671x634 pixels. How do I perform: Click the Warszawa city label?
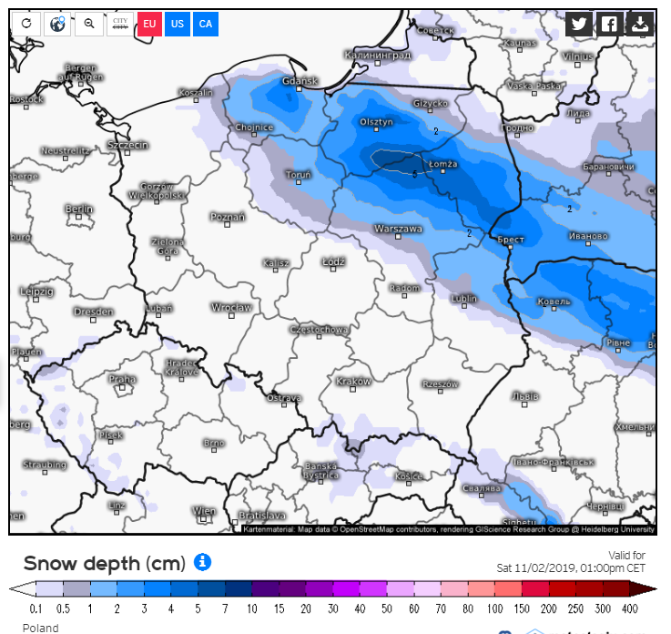click(x=398, y=229)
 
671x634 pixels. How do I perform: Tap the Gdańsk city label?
click(x=300, y=82)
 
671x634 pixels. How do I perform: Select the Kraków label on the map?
click(x=353, y=382)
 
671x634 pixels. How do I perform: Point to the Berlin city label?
click(x=79, y=210)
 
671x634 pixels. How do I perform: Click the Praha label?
click(x=122, y=379)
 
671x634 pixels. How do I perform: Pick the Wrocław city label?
click(x=231, y=308)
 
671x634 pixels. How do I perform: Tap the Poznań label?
click(x=228, y=218)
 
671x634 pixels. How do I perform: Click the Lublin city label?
click(x=463, y=298)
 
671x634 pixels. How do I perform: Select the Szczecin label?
click(x=127, y=146)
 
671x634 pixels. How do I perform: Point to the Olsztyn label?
click(x=376, y=122)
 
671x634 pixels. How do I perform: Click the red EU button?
click(x=149, y=24)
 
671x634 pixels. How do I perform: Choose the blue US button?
click(x=178, y=24)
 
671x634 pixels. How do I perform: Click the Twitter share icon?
click(x=578, y=25)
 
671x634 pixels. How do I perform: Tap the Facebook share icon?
click(x=608, y=25)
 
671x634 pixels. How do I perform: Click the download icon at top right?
click(x=640, y=25)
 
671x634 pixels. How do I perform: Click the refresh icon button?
click(x=26, y=24)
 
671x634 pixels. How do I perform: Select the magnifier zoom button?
click(x=88, y=24)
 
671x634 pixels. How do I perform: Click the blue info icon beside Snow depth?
click(x=202, y=562)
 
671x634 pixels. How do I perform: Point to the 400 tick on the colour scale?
click(x=629, y=608)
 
